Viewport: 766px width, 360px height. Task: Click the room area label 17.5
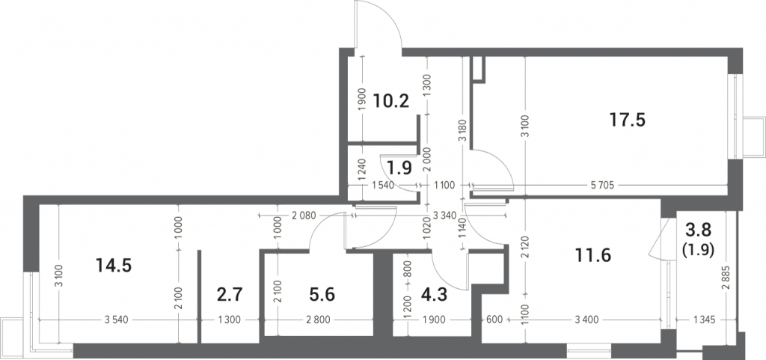click(628, 120)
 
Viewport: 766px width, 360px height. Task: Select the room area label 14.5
click(114, 266)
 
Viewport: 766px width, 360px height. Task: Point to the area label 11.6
click(593, 255)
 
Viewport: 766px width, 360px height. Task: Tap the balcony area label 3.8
click(698, 229)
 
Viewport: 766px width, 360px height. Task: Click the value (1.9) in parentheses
click(698, 250)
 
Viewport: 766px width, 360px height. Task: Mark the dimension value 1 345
click(704, 320)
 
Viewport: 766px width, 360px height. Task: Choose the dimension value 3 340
click(445, 215)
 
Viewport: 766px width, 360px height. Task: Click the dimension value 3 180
click(463, 130)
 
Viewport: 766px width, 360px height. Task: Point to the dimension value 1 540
click(383, 185)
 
